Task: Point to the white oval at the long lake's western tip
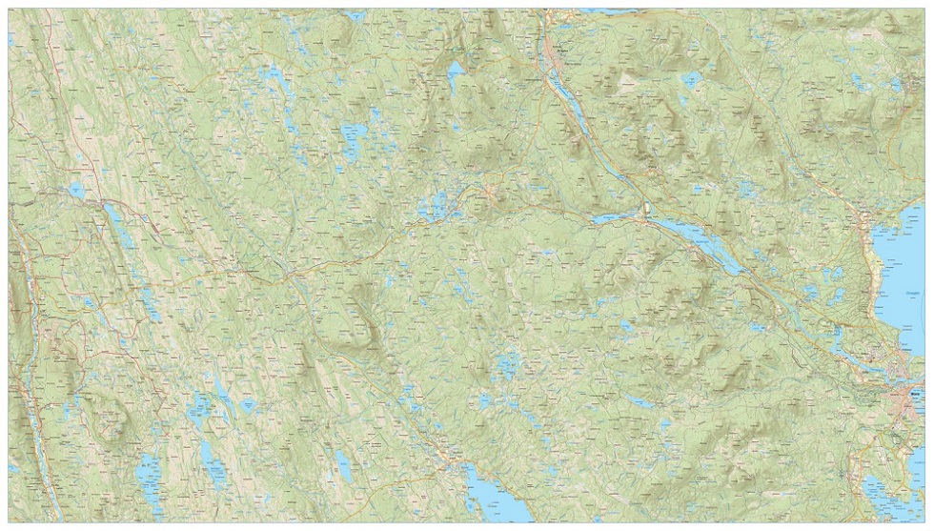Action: tap(645, 209)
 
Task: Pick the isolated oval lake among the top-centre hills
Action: tap(456, 71)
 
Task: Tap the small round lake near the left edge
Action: tap(74, 191)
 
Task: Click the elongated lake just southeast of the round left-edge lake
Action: tap(119, 224)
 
